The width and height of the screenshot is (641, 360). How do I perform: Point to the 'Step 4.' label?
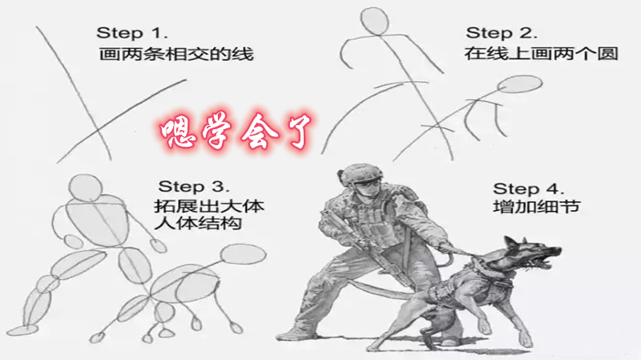529,188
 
